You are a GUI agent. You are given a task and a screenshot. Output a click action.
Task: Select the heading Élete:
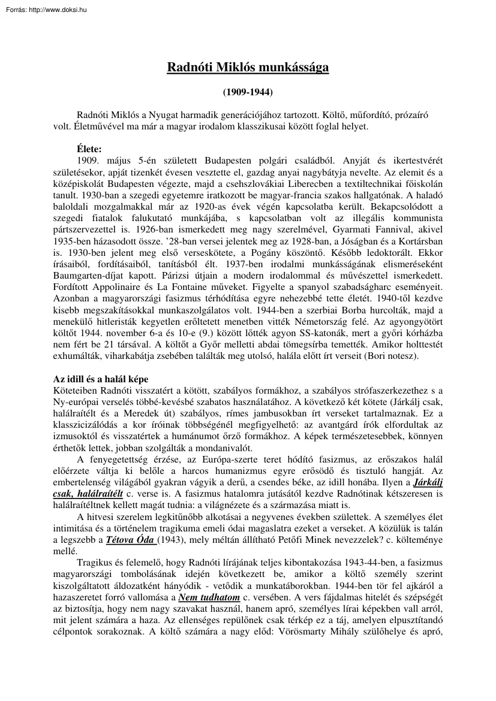tap(90, 147)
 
